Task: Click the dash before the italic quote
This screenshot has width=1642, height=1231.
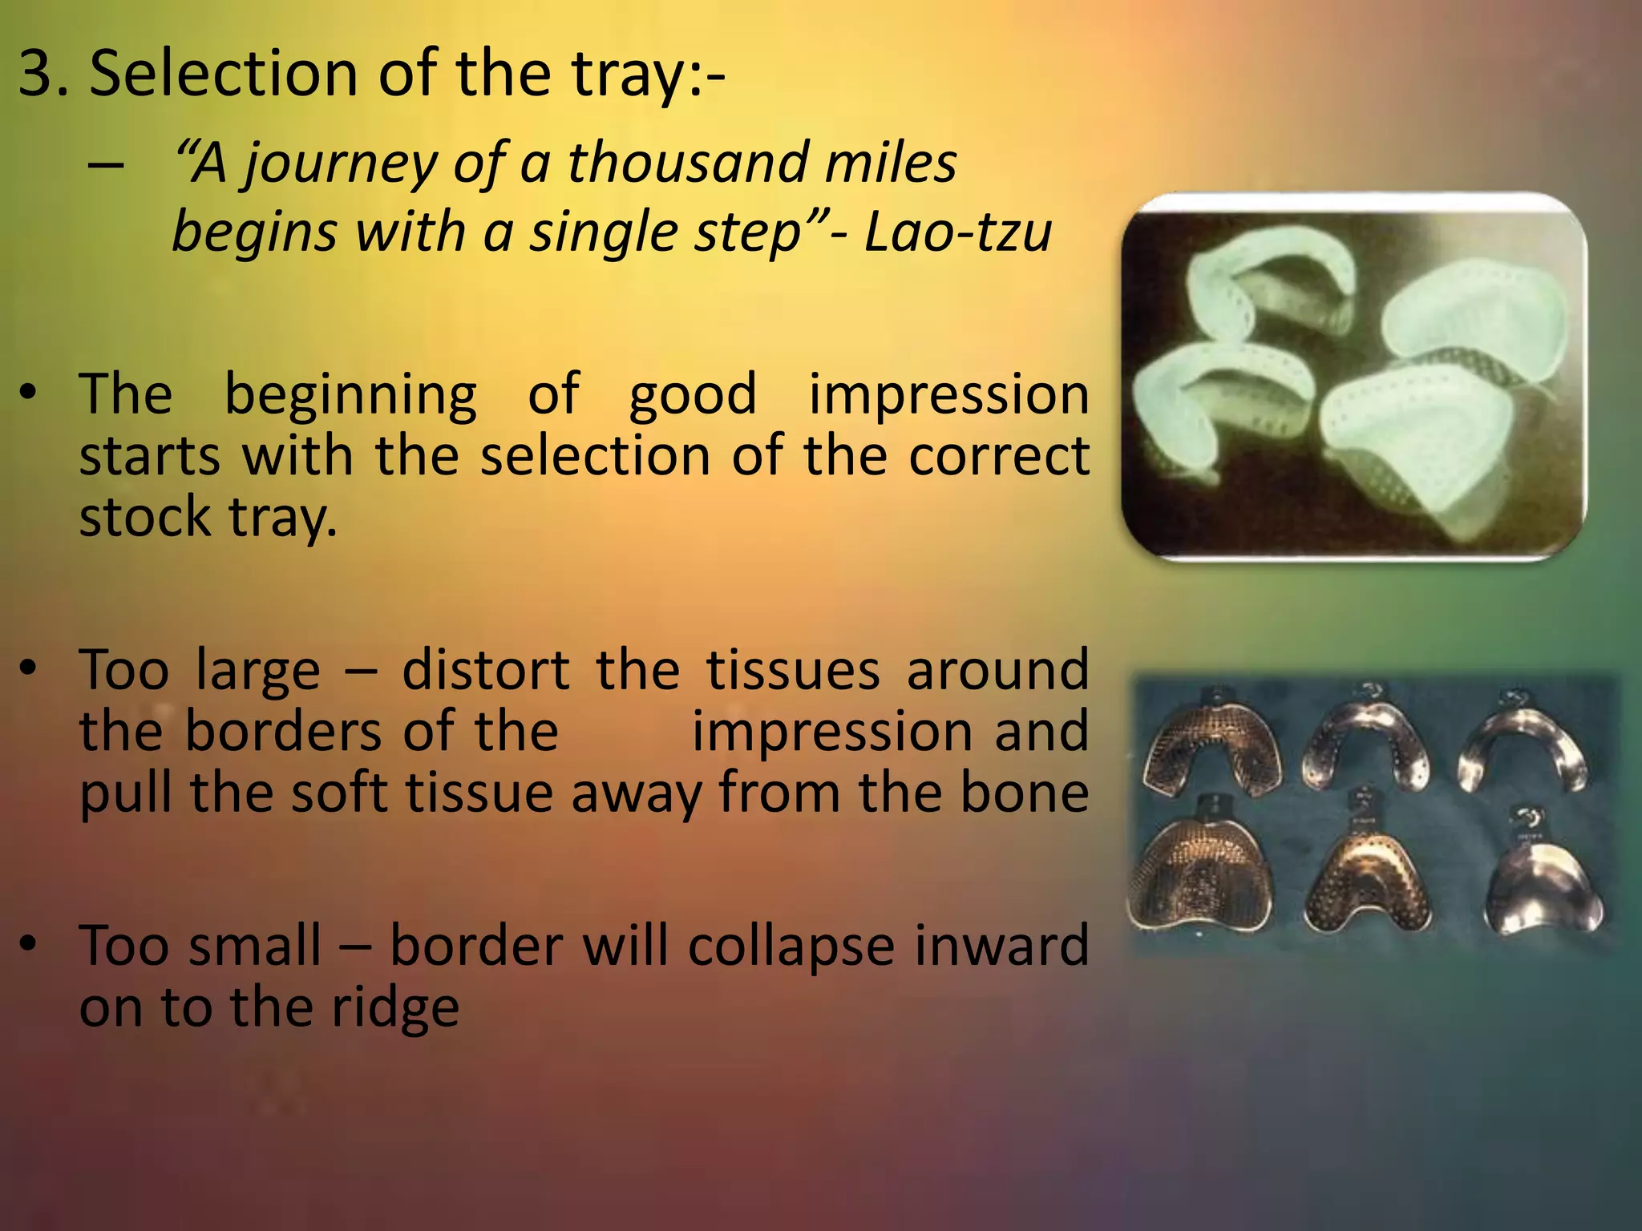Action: (x=106, y=165)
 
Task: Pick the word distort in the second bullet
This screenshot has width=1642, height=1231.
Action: (x=486, y=669)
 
